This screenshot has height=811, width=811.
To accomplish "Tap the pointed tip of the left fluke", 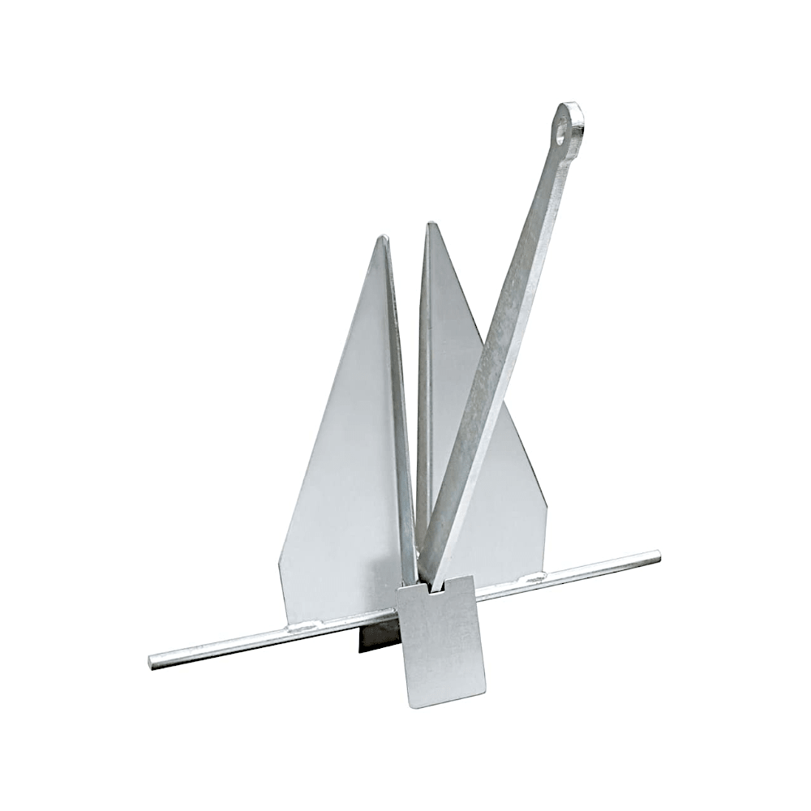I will tap(384, 237).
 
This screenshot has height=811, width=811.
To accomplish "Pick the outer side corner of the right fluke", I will tap(546, 507).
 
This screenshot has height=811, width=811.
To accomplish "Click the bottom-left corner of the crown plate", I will tap(411, 704).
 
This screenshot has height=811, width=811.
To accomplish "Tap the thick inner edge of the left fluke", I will tap(401, 405).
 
